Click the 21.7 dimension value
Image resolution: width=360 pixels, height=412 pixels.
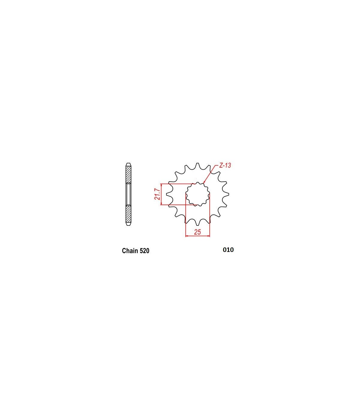[x=157, y=194]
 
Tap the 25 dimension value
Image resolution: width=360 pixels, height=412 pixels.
[x=197, y=232]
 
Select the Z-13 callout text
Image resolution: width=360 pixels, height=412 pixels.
[x=225, y=165]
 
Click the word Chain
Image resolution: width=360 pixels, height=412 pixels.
[x=129, y=251]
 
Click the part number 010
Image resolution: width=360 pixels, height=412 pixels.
[x=228, y=250]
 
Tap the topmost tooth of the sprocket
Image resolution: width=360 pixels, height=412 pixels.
[x=197, y=165]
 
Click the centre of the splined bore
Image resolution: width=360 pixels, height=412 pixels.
[x=197, y=194]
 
